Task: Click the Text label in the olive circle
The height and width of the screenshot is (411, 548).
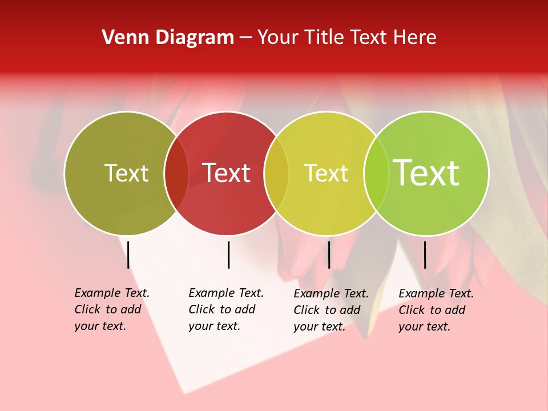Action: (126, 173)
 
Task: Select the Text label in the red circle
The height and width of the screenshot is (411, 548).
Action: (227, 173)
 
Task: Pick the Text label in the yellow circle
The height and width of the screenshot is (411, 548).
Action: (326, 173)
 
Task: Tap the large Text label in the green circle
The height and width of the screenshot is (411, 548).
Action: (426, 173)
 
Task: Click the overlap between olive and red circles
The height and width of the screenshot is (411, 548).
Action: (176, 174)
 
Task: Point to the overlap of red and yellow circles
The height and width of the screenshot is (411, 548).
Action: (276, 174)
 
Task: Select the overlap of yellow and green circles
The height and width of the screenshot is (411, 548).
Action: (376, 174)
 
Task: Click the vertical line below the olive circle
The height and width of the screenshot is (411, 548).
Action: (128, 255)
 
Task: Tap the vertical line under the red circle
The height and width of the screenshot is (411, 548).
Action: (228, 255)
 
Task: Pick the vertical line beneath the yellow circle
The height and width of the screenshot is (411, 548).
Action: (329, 255)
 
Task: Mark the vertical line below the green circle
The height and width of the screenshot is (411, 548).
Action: (425, 255)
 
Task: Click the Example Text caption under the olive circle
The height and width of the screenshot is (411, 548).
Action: (112, 309)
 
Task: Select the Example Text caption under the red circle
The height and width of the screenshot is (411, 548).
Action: (226, 309)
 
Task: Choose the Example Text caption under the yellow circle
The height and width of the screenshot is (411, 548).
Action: (331, 310)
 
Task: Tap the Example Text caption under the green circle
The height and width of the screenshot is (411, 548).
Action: (436, 310)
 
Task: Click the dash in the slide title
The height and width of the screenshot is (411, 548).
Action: (245, 38)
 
